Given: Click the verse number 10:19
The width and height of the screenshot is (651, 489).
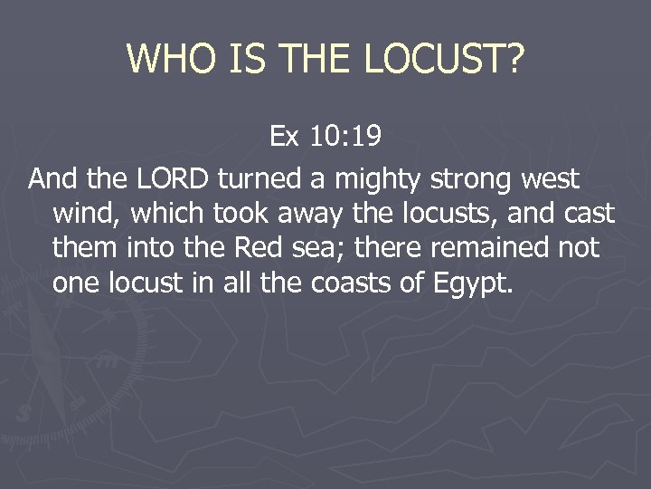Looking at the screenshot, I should tap(345, 137).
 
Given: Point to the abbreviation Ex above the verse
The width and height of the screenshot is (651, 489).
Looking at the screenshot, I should tap(286, 137).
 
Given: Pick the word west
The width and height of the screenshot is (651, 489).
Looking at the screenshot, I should tap(550, 179).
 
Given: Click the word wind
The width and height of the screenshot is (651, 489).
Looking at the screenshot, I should tap(79, 214).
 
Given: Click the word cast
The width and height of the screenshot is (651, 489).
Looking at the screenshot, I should tap(589, 214).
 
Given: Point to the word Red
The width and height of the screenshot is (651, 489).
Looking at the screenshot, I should tap(258, 248).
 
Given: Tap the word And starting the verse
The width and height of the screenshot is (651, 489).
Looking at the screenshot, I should tap(52, 179).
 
